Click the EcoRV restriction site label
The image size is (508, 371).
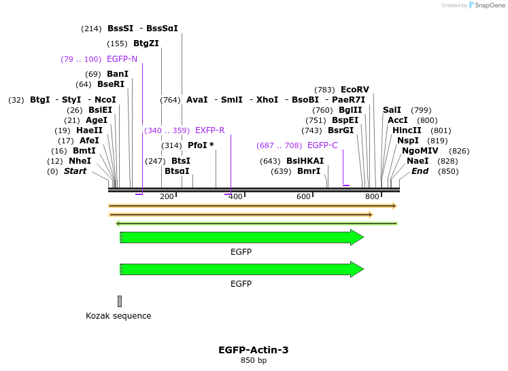tap(354, 90)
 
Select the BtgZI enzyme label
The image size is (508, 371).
tap(146, 43)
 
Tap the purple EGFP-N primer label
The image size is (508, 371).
tap(122, 59)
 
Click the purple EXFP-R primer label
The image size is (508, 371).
tap(209, 130)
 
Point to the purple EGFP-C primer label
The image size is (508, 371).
tap(322, 145)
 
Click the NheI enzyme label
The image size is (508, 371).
tap(80, 161)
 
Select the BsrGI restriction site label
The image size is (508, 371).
tap(341, 130)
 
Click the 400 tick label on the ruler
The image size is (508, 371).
tap(235, 196)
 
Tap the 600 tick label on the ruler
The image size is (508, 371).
tap(303, 196)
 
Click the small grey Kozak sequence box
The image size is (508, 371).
tap(120, 301)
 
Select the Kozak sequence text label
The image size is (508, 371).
tap(118, 316)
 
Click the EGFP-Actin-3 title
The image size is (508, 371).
tap(253, 350)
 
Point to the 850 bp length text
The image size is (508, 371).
tap(253, 360)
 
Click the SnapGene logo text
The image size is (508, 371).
tap(489, 5)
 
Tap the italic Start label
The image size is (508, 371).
tap(75, 171)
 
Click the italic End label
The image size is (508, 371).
tap(420, 171)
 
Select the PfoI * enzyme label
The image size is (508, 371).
tap(201, 145)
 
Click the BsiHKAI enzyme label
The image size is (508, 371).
tap(305, 161)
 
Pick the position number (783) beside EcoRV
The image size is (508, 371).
tap(324, 90)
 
